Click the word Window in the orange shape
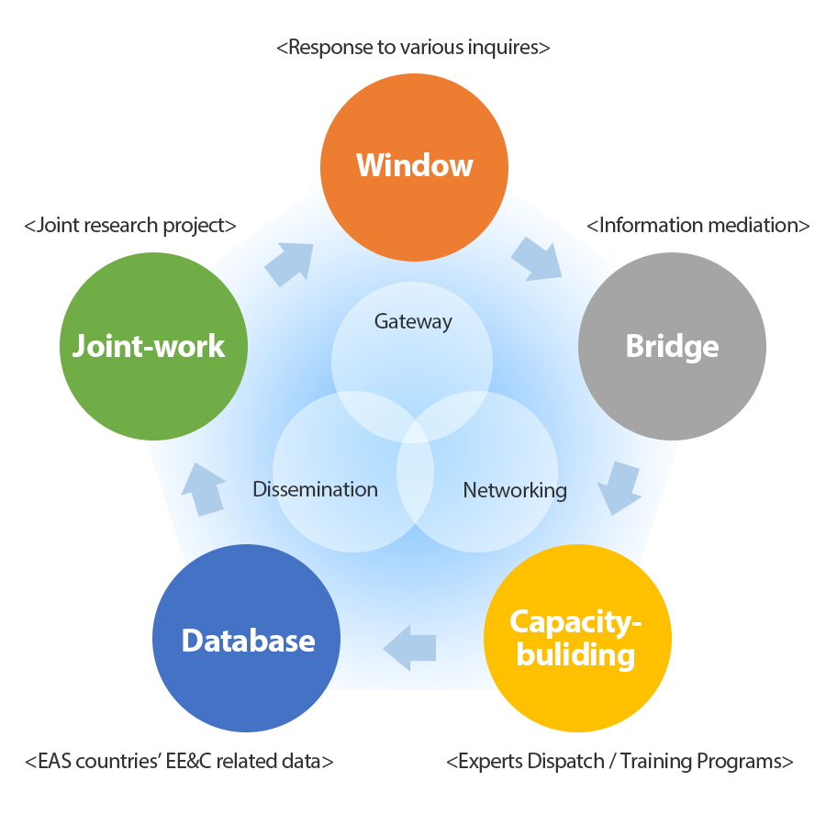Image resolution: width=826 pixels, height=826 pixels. coord(414,165)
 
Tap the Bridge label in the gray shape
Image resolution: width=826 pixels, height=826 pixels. coord(672,347)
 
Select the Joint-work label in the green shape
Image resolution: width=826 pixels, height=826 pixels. coord(149,346)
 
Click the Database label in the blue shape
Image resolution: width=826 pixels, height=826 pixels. coord(248,641)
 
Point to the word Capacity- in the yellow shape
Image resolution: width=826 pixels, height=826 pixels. coord(575,621)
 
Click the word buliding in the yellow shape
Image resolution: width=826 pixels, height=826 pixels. coord(575,654)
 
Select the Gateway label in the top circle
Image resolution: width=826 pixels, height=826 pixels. coord(413,321)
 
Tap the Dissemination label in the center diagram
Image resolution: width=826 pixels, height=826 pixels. coord(315,489)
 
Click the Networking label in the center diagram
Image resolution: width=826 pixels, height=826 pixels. coord(515,490)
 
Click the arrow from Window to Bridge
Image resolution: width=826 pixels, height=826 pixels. coord(538,259)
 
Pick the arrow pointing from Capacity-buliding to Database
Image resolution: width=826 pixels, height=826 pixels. coord(409,648)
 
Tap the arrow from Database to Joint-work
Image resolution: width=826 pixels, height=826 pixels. coord(206,487)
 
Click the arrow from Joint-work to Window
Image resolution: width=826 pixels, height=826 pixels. coord(290,263)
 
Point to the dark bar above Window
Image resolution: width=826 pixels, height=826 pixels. coord(413,49)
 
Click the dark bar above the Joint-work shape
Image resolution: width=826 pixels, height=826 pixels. coord(130,226)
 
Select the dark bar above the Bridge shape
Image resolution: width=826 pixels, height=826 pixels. coord(698,224)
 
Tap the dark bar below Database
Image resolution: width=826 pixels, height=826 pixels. coord(180,761)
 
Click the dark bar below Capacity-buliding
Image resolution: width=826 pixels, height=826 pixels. coord(620,762)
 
